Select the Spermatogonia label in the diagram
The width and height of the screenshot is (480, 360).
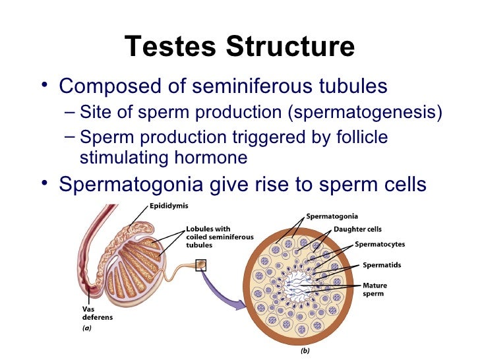(x=332, y=216)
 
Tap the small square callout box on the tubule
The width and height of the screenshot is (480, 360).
(x=200, y=264)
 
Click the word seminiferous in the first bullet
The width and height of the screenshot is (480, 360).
(x=250, y=86)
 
